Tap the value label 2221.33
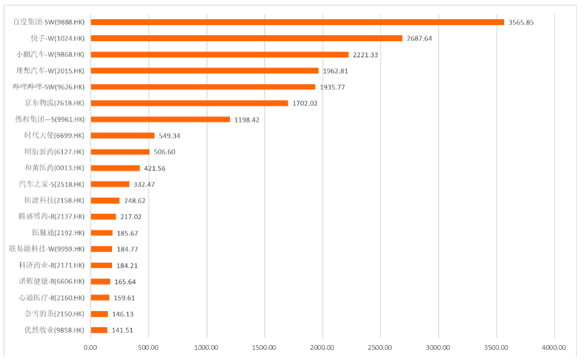coord(366,55)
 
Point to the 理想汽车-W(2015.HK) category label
coord(50,71)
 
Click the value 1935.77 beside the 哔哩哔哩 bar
coord(333,87)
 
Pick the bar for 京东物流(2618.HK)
coord(189,103)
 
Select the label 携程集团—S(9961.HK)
coord(49,119)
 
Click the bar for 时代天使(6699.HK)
coord(122,135)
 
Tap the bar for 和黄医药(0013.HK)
coord(115,168)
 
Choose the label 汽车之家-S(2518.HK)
coord(51,184)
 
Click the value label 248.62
coord(135,201)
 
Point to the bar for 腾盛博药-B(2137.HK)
coord(103,216)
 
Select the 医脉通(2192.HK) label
coord(58,233)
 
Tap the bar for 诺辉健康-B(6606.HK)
coord(100,281)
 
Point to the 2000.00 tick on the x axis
coord(322,347)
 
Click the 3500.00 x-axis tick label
coord(496,347)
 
